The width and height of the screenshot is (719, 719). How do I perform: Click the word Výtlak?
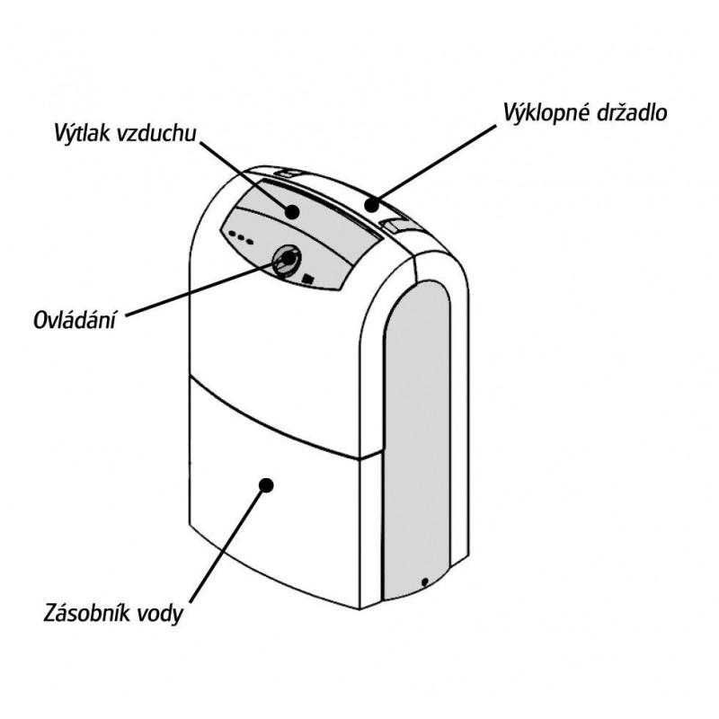click(x=83, y=133)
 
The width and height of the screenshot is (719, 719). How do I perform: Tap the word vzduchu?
click(x=156, y=133)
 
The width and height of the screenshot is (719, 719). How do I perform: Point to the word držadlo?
click(x=632, y=111)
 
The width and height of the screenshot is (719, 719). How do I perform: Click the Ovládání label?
click(x=74, y=320)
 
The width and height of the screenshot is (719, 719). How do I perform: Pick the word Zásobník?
click(x=86, y=613)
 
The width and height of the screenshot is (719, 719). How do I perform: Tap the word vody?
click(x=161, y=614)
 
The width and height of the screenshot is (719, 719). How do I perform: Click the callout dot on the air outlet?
click(x=291, y=212)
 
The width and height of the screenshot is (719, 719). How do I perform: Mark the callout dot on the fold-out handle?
click(x=372, y=205)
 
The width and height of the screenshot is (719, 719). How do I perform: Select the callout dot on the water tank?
click(x=266, y=485)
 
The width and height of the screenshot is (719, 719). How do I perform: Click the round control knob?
click(x=287, y=260)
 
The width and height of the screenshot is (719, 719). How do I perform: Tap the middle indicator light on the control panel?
click(x=241, y=238)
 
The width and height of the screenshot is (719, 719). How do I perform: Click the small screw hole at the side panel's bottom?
click(x=424, y=581)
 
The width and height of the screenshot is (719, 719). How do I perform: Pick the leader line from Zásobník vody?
click(x=227, y=545)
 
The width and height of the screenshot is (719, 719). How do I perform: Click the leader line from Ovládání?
click(x=206, y=288)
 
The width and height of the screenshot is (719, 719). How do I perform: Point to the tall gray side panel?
click(x=417, y=440)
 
